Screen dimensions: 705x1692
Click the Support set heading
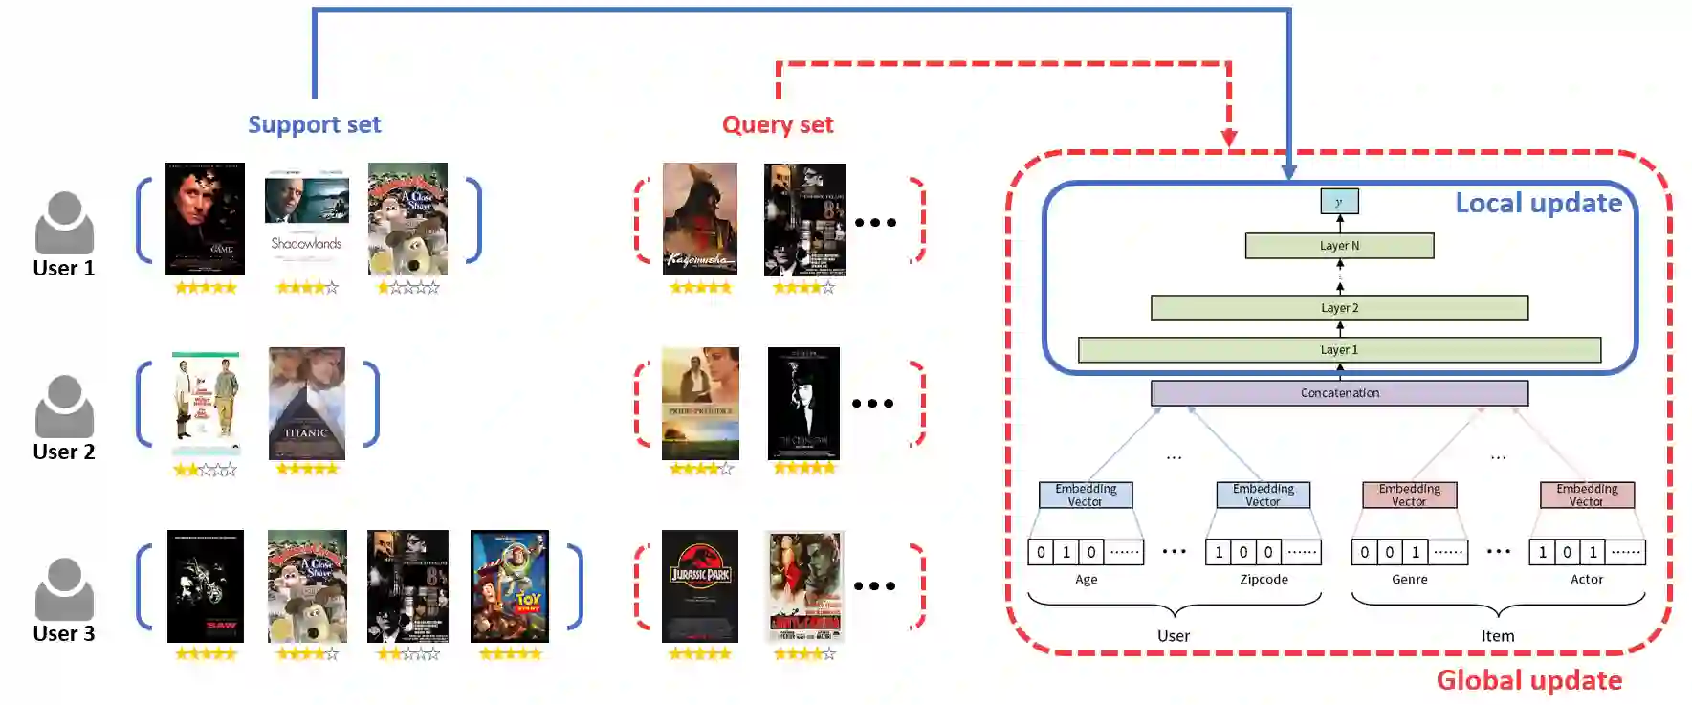tap(314, 124)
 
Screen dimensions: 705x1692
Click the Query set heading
tap(777, 124)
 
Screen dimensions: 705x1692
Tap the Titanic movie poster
tap(306, 403)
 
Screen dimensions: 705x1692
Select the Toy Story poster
tap(510, 585)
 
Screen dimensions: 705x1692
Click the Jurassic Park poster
tap(700, 585)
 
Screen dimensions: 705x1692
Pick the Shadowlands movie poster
tap(306, 218)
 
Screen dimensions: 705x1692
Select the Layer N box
tap(1339, 246)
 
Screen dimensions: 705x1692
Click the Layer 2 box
tap(1339, 308)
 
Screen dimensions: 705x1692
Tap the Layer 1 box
tap(1339, 350)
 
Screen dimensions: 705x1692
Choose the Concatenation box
tap(1339, 393)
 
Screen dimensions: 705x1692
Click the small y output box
tap(1339, 201)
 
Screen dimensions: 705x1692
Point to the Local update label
tap(1538, 203)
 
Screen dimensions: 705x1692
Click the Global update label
tap(1528, 680)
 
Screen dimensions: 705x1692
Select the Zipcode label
tap(1264, 579)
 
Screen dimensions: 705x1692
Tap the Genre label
tap(1409, 579)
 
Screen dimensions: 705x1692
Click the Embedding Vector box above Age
tap(1086, 495)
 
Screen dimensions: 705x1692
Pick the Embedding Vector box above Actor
tap(1587, 495)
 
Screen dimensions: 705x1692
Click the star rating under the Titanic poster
tap(307, 469)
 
